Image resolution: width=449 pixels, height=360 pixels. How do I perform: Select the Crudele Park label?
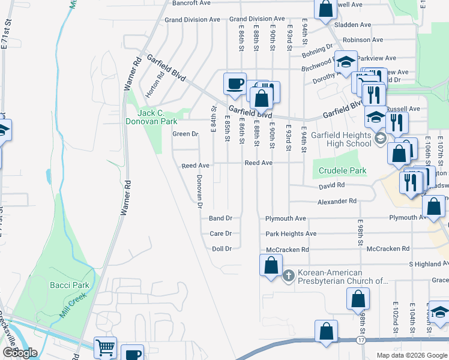[342, 170]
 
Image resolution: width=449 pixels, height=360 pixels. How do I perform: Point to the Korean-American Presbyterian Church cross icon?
[289, 276]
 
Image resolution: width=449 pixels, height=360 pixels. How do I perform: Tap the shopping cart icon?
[105, 347]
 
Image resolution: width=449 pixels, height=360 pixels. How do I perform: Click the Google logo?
[20, 353]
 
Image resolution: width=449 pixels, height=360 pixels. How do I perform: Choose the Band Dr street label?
[220, 218]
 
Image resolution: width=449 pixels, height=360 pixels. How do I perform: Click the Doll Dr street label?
[221, 248]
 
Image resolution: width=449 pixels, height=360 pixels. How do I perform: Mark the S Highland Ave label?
[429, 264]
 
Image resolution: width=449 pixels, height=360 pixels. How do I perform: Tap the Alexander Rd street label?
[337, 202]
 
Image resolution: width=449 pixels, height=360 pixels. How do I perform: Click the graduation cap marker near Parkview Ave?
[346, 61]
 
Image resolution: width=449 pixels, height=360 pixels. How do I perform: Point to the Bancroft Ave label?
[191, 3]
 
